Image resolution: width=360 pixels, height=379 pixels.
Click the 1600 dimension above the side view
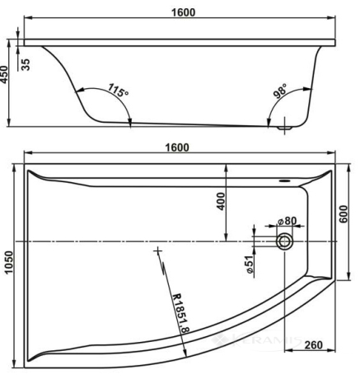[183, 12]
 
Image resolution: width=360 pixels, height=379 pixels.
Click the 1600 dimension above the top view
[177, 147]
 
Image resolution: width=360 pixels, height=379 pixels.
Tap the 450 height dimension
[4, 74]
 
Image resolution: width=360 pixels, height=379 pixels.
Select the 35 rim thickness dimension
[26, 65]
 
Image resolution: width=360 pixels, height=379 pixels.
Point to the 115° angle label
[118, 90]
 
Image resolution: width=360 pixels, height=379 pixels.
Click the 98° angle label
[280, 91]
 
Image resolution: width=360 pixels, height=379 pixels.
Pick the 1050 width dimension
[9, 262]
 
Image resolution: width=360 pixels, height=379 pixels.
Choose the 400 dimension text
[221, 201]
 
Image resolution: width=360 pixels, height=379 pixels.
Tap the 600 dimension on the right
[344, 214]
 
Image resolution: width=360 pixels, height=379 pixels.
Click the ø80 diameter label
[288, 221]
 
